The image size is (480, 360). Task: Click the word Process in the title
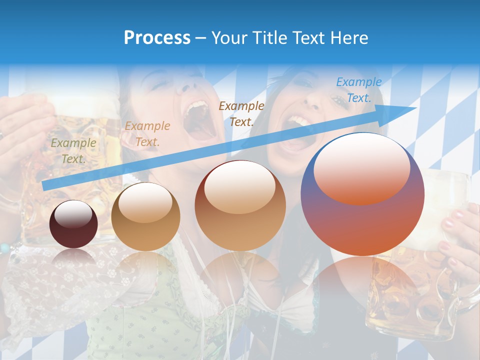[x=157, y=37]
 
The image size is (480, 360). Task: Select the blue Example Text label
[x=358, y=90]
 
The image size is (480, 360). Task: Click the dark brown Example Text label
[x=241, y=114]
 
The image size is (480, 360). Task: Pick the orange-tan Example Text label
[x=147, y=134]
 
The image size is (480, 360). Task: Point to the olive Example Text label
[x=73, y=151]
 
